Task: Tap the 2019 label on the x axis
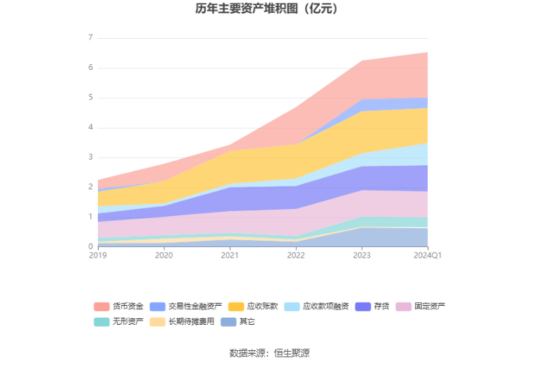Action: (x=98, y=255)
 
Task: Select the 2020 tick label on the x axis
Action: (x=163, y=255)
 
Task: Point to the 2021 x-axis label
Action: (x=230, y=255)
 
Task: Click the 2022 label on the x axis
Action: (x=296, y=255)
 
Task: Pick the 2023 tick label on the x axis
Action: (x=361, y=255)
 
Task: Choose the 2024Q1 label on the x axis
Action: (x=428, y=255)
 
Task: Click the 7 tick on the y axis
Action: (x=90, y=38)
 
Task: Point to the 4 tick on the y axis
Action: (x=90, y=128)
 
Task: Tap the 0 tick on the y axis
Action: (x=90, y=246)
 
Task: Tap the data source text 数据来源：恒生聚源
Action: (x=269, y=352)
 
